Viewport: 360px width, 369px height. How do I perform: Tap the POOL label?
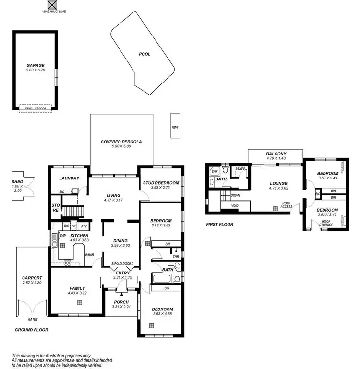point(144,54)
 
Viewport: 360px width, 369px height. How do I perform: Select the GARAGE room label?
point(36,65)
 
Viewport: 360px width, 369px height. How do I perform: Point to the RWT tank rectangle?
point(175,127)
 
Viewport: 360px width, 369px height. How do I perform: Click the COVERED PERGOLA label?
point(121,142)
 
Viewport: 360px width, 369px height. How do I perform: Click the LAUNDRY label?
point(69,179)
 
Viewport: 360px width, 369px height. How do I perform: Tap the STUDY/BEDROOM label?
point(161,183)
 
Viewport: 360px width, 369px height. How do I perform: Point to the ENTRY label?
point(123,273)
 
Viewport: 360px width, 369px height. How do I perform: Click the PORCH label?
point(120,302)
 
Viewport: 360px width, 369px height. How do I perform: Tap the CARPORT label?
point(32,278)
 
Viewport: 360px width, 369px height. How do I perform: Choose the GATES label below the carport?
point(33,319)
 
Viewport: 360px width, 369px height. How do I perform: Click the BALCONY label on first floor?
point(276,154)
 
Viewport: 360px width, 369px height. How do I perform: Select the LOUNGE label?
point(278,183)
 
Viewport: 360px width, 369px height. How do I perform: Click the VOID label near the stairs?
point(235,205)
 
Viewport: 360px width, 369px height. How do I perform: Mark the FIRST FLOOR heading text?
point(219,225)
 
